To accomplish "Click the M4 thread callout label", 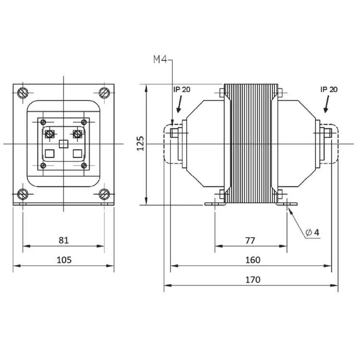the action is click(160, 60).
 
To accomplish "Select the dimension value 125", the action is click(140, 144).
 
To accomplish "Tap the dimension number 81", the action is click(63, 240).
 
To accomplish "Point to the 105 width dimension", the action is click(64, 260).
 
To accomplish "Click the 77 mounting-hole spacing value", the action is click(250, 240).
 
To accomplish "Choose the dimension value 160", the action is click(253, 260).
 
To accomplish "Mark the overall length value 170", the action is click(253, 280).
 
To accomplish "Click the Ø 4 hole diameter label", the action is click(312, 233).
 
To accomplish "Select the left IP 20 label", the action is click(182, 90).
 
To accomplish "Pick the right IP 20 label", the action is click(329, 90).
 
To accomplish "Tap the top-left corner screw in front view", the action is click(23, 93).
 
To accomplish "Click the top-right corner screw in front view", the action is click(104, 93).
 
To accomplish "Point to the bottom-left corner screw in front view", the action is click(23, 194).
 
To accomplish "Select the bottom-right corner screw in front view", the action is click(104, 194).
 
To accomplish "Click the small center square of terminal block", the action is click(63, 144).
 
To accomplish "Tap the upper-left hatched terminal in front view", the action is click(49, 133).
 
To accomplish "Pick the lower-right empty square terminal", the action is click(77, 154).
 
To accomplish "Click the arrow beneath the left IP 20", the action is click(180, 104).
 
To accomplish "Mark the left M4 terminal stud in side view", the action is click(174, 132).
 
